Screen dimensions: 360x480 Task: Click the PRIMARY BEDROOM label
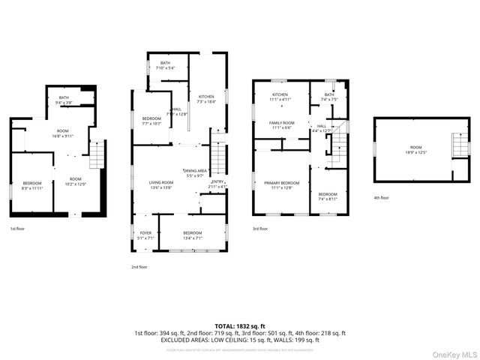click(x=280, y=183)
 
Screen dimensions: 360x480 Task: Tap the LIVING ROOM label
click(x=160, y=182)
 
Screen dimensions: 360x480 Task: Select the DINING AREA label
click(x=196, y=172)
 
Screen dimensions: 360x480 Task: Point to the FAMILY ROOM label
click(x=282, y=122)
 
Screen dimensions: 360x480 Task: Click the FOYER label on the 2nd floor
click(x=145, y=233)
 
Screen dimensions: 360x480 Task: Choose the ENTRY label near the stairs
click(x=217, y=181)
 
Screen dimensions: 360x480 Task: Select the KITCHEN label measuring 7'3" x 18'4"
click(x=205, y=97)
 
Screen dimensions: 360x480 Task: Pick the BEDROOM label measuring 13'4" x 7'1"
click(x=193, y=233)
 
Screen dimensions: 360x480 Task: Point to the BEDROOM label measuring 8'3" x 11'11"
click(x=31, y=184)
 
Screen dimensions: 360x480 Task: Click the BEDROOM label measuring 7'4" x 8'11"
click(x=328, y=196)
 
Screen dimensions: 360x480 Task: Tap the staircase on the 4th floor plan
click(x=458, y=145)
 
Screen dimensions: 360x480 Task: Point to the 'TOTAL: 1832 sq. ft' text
click(x=240, y=327)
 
